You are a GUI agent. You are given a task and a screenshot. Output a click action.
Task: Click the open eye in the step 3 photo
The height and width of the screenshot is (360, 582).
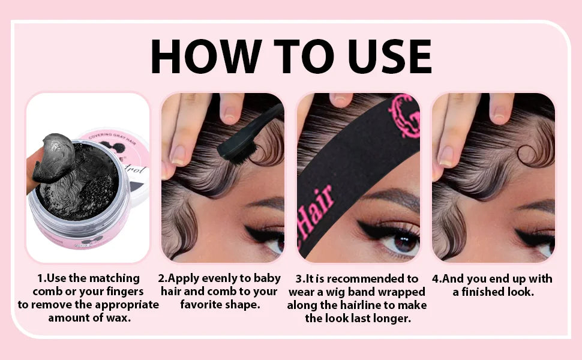click(397, 240)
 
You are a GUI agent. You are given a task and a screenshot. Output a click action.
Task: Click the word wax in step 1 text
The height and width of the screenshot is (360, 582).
click(118, 317)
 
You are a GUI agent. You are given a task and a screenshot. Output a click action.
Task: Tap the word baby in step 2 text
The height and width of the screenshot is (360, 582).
click(266, 278)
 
